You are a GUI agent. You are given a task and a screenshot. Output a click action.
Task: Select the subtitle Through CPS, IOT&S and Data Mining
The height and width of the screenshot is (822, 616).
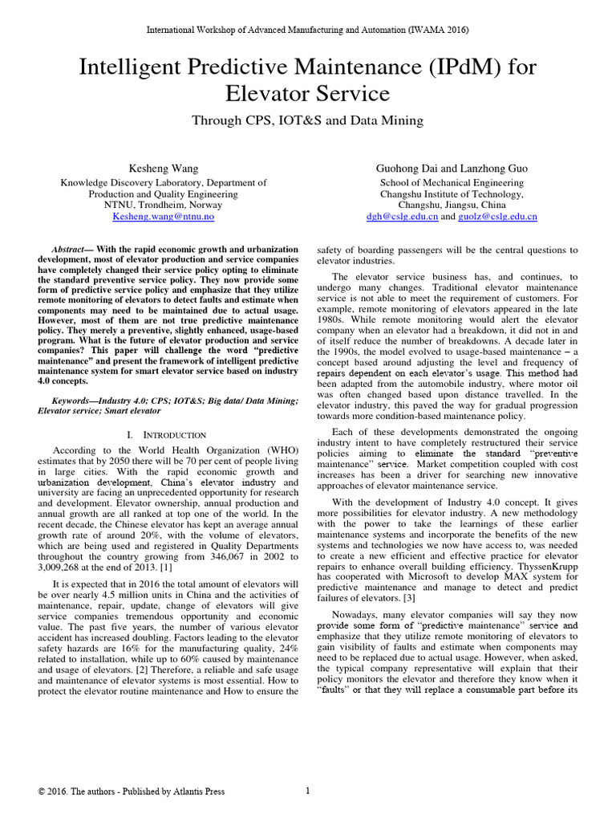307,120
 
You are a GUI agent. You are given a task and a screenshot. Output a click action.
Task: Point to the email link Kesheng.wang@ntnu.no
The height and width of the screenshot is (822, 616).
163,217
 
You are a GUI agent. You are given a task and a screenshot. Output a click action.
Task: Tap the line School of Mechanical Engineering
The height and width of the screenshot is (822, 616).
452,182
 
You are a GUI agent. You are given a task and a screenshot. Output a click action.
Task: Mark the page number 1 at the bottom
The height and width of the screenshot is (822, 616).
308,791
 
